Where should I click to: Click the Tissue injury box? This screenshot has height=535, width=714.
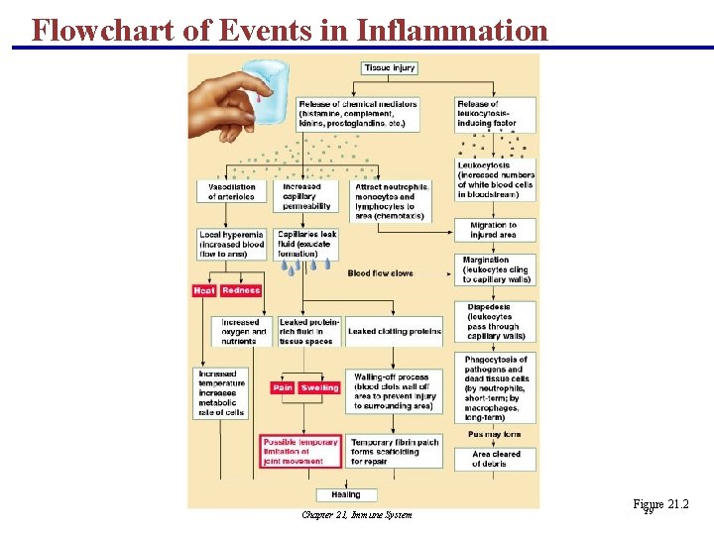[389, 68]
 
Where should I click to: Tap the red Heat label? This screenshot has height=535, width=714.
[204, 290]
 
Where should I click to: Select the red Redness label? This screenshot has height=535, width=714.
[241, 290]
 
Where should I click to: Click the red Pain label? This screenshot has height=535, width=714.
[284, 387]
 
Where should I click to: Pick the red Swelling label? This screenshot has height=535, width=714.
[319, 387]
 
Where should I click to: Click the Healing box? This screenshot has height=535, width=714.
[346, 494]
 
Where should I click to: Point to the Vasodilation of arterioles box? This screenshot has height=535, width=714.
[231, 191]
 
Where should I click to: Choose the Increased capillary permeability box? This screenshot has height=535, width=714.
[306, 196]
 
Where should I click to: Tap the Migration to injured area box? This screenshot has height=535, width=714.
[494, 230]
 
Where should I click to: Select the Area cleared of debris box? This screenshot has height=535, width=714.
[496, 459]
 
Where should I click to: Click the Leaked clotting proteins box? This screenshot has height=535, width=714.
[395, 332]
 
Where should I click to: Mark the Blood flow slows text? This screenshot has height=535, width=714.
[381, 272]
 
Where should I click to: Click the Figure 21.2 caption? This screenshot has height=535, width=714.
[659, 505]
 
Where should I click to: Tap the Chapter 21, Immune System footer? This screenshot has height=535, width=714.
[357, 514]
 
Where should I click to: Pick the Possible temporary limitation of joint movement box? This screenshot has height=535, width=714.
[299, 451]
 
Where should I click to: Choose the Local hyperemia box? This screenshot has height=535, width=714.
[231, 244]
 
